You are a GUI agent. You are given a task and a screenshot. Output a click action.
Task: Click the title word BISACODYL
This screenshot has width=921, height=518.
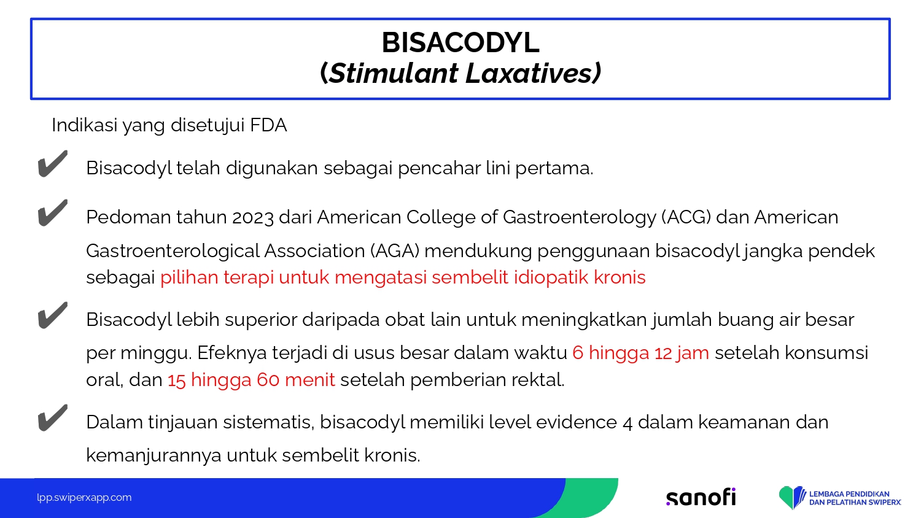[x=460, y=42]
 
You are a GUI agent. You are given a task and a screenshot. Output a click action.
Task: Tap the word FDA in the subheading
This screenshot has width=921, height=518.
[x=268, y=125]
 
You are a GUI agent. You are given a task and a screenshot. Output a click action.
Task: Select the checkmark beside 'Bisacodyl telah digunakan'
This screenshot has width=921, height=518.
[x=53, y=164]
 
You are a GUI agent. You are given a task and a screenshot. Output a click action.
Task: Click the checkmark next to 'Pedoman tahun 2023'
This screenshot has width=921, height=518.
[x=53, y=212]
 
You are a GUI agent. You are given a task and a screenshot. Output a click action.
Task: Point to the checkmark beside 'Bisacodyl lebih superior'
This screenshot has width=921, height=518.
[x=53, y=315]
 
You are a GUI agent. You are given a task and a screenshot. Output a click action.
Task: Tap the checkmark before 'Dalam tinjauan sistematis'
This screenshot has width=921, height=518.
[x=53, y=418]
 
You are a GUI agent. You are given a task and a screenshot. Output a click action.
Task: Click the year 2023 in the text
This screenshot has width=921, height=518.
[x=253, y=217]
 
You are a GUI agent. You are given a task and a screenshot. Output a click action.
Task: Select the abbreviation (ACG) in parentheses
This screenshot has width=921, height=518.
[x=686, y=217]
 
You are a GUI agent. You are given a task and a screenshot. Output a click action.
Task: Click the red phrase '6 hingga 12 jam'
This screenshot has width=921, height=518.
[x=640, y=353]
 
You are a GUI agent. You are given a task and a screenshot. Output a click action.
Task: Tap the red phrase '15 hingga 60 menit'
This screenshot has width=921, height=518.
[x=251, y=380]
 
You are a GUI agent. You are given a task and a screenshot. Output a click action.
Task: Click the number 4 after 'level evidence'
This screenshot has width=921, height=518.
[x=628, y=423]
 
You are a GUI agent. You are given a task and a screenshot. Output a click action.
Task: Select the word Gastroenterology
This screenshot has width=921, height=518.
[x=580, y=217]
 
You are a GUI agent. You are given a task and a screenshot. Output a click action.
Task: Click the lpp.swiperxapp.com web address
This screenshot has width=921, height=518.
[x=84, y=498]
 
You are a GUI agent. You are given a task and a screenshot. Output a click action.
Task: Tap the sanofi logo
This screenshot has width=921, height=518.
[x=701, y=497]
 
